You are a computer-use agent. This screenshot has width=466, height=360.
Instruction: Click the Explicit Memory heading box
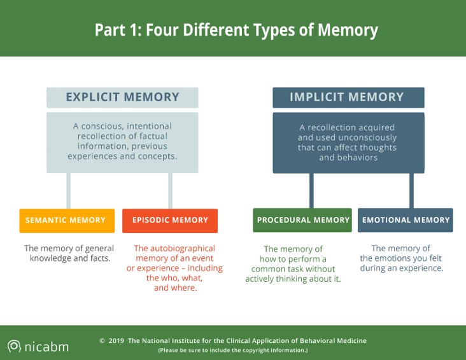click(x=122, y=97)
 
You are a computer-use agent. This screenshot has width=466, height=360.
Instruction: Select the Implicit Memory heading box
click(x=349, y=97)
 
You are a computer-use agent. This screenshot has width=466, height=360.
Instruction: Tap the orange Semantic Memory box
click(x=67, y=221)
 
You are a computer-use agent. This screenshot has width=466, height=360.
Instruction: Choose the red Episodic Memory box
click(x=170, y=221)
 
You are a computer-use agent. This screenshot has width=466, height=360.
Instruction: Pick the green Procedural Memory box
click(x=302, y=220)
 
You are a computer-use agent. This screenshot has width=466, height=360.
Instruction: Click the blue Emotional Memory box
click(x=406, y=220)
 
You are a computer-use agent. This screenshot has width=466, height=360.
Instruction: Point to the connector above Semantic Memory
click(x=69, y=191)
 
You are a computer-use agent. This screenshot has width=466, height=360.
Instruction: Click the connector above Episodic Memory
click(x=170, y=191)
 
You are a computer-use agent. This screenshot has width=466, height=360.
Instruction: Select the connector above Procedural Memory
click(x=311, y=191)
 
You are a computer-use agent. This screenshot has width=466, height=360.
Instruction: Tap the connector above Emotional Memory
click(x=412, y=191)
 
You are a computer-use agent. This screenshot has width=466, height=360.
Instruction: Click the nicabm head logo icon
click(x=14, y=347)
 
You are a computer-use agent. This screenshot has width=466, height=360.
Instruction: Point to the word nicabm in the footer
click(x=46, y=347)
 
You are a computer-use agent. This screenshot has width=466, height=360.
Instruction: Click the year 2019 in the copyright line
click(x=117, y=341)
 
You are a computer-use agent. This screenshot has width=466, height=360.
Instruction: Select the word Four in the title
click(x=162, y=30)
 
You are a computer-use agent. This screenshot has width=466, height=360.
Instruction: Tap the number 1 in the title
click(x=135, y=30)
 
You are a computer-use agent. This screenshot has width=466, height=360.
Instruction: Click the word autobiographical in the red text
click(x=174, y=249)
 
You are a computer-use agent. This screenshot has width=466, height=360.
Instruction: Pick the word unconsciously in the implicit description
click(x=367, y=138)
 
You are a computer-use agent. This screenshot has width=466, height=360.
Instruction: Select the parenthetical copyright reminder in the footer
click(x=233, y=350)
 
